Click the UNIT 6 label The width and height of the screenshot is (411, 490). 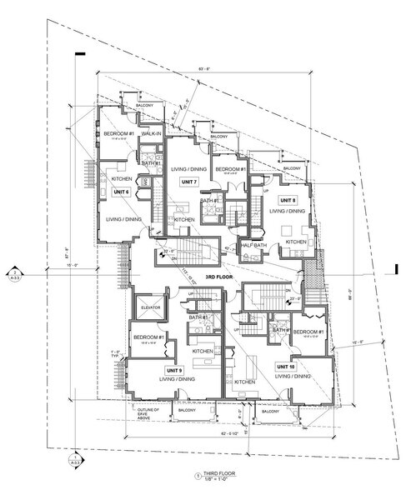tap(121, 192)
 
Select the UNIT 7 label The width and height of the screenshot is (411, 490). tap(189, 182)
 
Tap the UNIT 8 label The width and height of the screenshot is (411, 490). tap(288, 200)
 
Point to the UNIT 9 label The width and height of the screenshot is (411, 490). tap(152, 369)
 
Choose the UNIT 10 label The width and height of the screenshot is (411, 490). tap(286, 366)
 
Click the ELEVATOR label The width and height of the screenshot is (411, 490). tap(151, 307)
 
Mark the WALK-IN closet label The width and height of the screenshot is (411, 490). tap(150, 133)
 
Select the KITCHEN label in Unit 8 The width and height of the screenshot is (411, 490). tap(297, 242)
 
